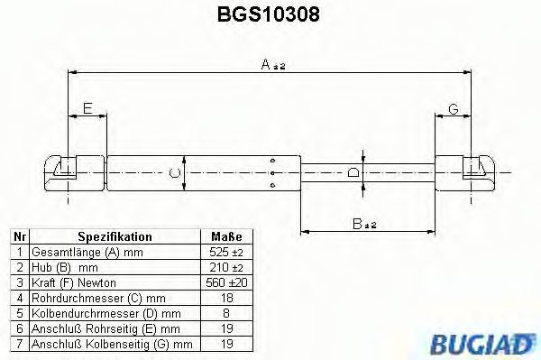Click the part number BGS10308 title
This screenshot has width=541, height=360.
click(x=270, y=15)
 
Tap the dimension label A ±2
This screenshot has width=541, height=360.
click(x=270, y=63)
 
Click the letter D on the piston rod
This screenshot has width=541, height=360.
click(x=353, y=171)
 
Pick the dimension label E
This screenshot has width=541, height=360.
click(x=87, y=109)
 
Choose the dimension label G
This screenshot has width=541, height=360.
click(x=454, y=109)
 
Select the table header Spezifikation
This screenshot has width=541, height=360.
click(x=115, y=236)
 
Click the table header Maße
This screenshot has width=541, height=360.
click(x=225, y=236)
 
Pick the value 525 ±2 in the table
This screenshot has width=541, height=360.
click(x=225, y=252)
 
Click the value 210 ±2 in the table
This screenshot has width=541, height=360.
click(x=225, y=268)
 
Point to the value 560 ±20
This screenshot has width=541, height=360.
click(x=225, y=283)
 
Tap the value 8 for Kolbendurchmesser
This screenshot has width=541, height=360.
click(x=225, y=313)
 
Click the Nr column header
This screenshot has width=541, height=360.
click(x=18, y=236)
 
